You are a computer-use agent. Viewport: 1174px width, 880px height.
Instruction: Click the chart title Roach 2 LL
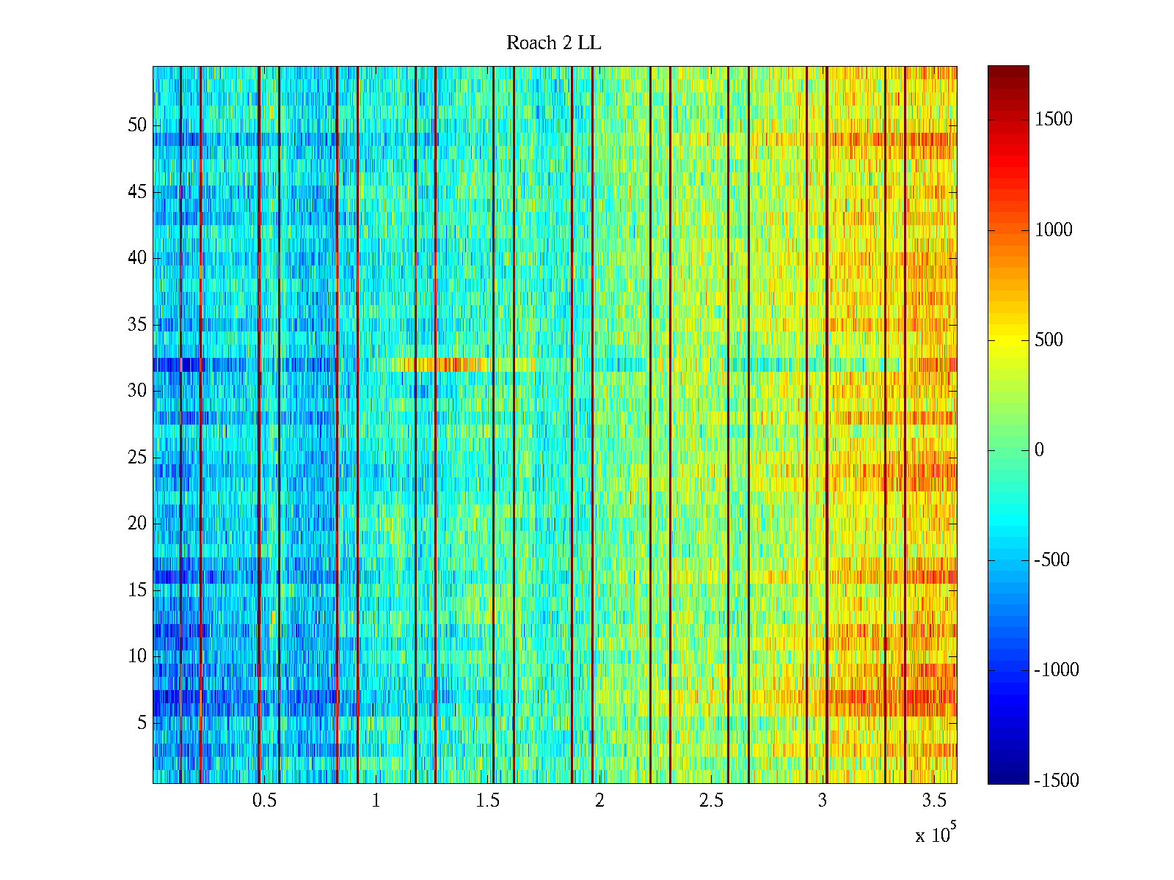[553, 43]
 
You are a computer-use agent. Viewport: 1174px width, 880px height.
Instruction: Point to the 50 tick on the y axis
[137, 125]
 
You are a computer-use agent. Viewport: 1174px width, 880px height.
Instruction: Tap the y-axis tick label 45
[137, 192]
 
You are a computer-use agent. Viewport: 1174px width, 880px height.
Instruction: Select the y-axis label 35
[137, 325]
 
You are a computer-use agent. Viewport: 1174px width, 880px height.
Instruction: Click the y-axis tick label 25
[137, 458]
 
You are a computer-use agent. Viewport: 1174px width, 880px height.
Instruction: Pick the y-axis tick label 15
[137, 590]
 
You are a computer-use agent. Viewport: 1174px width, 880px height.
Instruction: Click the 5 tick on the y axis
[142, 723]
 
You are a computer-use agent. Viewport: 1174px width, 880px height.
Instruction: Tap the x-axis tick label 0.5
[264, 801]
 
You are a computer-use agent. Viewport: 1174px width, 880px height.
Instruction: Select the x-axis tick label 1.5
[487, 801]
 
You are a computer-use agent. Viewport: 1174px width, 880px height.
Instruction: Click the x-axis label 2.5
[711, 801]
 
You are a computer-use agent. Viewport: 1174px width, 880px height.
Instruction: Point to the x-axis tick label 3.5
[934, 801]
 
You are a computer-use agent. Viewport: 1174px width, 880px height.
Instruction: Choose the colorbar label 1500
[1054, 120]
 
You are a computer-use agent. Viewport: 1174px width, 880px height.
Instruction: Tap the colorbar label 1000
[1054, 230]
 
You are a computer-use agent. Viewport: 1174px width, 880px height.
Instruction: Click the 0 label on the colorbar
[1039, 450]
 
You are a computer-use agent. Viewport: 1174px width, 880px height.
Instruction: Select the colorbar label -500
[1051, 560]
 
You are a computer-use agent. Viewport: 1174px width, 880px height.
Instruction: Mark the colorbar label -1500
[1056, 780]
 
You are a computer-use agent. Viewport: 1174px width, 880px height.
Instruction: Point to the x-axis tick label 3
[823, 801]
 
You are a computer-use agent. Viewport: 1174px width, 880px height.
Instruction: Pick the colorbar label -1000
[1056, 670]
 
